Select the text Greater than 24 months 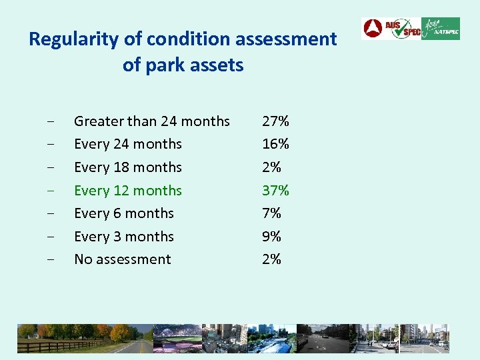[151, 121]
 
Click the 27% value [275, 121]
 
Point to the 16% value [275, 144]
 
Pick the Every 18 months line [127, 167]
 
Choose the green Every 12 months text [127, 191]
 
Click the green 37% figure [275, 191]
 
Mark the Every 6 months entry [123, 213]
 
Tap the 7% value [271, 213]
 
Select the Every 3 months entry [123, 237]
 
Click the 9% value [271, 237]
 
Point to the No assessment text [122, 259]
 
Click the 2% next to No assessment [271, 259]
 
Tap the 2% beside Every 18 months [271, 167]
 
